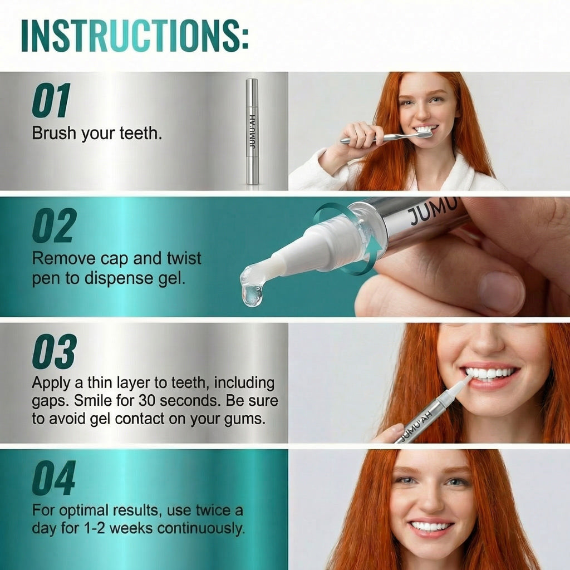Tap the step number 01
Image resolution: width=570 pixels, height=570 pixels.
point(51,101)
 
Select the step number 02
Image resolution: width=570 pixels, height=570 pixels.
point(54,227)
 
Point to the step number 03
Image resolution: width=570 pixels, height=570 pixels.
point(54,352)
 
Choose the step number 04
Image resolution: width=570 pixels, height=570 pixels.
point(53,478)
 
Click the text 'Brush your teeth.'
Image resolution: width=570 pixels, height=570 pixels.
point(97,134)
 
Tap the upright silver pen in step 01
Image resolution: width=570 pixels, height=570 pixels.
point(252,131)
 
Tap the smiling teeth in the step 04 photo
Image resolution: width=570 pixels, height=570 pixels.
point(431,526)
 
